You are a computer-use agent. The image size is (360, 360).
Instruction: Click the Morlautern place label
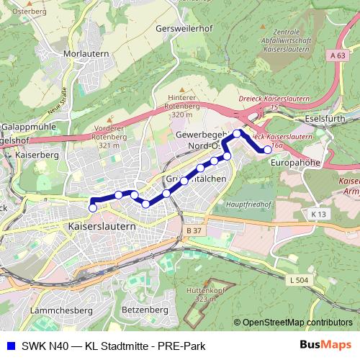click(86, 54)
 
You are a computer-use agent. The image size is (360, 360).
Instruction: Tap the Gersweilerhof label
click(185, 30)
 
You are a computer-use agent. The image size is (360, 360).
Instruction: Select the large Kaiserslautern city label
click(102, 226)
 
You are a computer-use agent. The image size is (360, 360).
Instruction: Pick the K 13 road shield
click(318, 214)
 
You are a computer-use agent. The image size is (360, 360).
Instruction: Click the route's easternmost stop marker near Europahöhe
click(268, 150)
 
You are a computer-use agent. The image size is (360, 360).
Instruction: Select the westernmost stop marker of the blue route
click(92, 208)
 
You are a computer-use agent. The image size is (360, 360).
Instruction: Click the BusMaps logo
click(325, 345)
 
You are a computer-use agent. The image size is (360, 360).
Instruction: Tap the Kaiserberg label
click(35, 154)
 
